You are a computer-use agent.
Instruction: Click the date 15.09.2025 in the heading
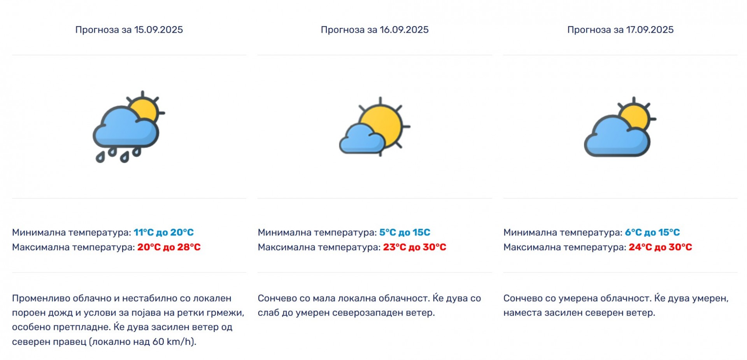(158, 30)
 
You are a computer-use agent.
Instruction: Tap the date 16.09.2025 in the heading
(404, 30)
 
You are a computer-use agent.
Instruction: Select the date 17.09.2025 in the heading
(649, 30)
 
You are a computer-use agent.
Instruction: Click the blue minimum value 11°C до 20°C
(163, 232)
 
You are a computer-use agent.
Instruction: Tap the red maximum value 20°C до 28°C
(169, 247)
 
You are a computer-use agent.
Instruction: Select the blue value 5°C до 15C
(405, 232)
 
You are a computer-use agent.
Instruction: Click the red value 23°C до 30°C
(414, 247)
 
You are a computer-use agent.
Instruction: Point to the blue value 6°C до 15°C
(652, 232)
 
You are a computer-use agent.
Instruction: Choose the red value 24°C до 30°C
(660, 247)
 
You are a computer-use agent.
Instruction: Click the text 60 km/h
(173, 342)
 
